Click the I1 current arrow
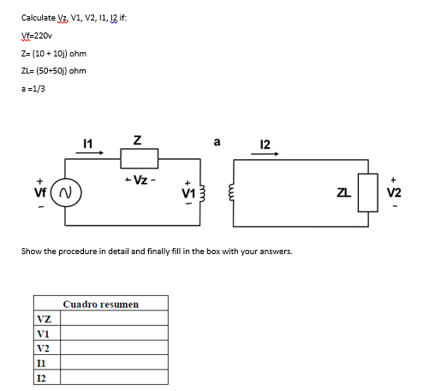[x=90, y=154]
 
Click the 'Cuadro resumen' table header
[x=100, y=305]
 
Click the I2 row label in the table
[x=42, y=377]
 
